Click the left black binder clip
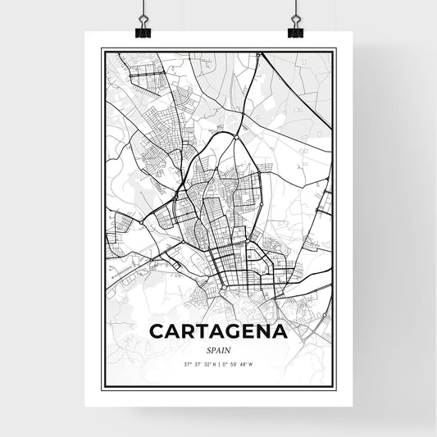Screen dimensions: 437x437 coord(144,30)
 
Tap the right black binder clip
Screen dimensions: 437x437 coord(295,30)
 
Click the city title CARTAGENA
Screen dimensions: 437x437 coord(218,332)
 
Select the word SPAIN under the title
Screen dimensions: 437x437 coord(218,348)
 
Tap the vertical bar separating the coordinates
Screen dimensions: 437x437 coord(219,363)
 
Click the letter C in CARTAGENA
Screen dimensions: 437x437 coord(157,332)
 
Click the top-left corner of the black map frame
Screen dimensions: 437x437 coord(102,49)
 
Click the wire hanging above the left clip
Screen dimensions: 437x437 coord(144,8)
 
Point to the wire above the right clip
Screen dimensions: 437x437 coord(295,8)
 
